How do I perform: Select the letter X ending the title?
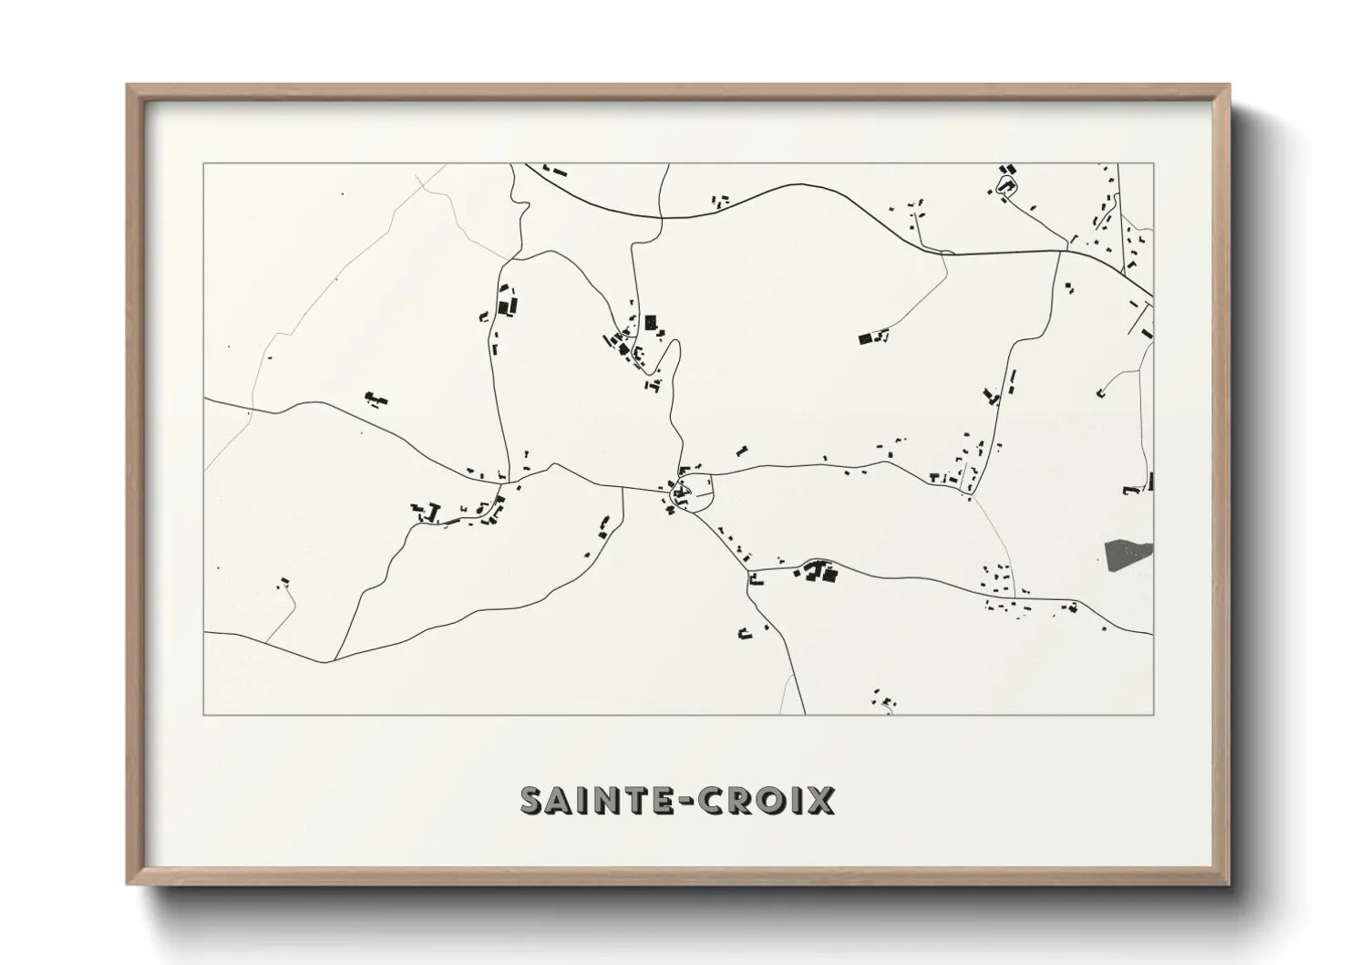click(821, 800)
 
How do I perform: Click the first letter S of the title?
click(531, 800)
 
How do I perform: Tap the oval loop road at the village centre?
click(694, 494)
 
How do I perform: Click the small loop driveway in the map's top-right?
click(1007, 187)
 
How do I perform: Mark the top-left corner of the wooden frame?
click(128, 86)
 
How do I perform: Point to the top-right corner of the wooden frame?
click(1230, 86)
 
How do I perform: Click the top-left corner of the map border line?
click(204, 164)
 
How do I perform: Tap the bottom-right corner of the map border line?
click(1153, 714)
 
